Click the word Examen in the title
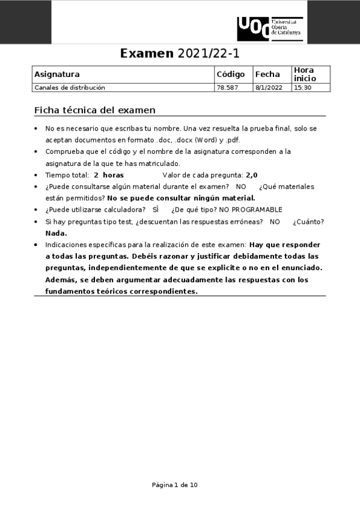tap(147, 53)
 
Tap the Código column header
tap(231, 75)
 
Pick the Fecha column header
tap(267, 75)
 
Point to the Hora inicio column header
tap(304, 75)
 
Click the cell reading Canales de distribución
tap(70, 88)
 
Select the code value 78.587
tap(227, 88)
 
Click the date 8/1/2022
tap(269, 88)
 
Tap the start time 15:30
tap(302, 88)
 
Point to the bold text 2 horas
tap(109, 175)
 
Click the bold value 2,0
tap(252, 175)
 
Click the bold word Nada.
tap(56, 233)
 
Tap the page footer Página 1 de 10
tap(175, 485)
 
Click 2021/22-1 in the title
tap(208, 53)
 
